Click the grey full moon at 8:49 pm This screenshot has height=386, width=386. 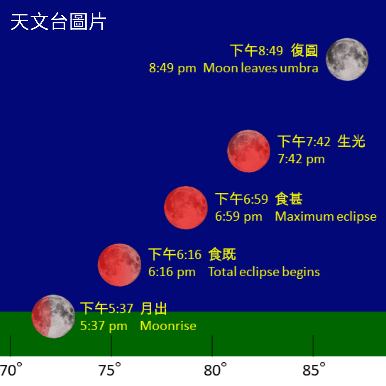click(347, 59)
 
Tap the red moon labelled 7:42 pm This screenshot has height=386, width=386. click(249, 151)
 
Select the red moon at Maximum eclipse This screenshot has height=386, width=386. click(186, 208)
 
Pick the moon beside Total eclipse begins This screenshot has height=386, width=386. click(119, 265)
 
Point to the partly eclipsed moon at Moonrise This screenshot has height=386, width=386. click(53, 316)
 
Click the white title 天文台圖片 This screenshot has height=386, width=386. click(58, 22)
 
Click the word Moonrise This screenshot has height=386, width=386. click(168, 326)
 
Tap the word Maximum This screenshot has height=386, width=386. click(304, 217)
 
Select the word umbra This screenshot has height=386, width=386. click(299, 68)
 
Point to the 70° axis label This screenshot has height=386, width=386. click(11, 370)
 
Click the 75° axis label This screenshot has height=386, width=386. click(110, 370)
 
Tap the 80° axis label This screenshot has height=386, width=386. click(215, 370)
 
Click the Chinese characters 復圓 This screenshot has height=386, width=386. click(305, 51)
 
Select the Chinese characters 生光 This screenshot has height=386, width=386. click(351, 142)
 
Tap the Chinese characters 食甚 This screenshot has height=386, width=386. click(289, 199)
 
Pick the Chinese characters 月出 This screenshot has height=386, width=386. click(154, 308)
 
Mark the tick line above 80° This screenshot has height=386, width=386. click(212, 346)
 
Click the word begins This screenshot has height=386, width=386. click(301, 272)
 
